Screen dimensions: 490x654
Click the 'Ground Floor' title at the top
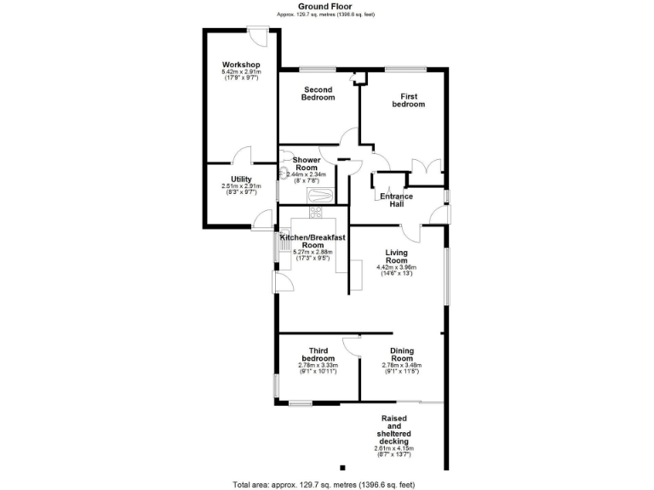click(324, 6)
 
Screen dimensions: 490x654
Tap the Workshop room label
click(241, 66)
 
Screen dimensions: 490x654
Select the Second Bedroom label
click(318, 94)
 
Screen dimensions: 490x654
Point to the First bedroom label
click(408, 100)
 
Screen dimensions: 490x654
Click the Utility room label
click(241, 179)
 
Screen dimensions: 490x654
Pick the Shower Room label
click(307, 164)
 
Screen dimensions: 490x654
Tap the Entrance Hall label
click(396, 201)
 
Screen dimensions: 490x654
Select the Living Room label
click(397, 257)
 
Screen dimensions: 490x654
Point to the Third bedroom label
click(318, 355)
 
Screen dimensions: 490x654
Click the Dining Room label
click(402, 355)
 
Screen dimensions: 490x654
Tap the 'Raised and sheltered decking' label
click(393, 430)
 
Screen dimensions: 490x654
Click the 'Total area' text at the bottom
click(324, 484)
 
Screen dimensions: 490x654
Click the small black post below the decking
click(342, 467)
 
